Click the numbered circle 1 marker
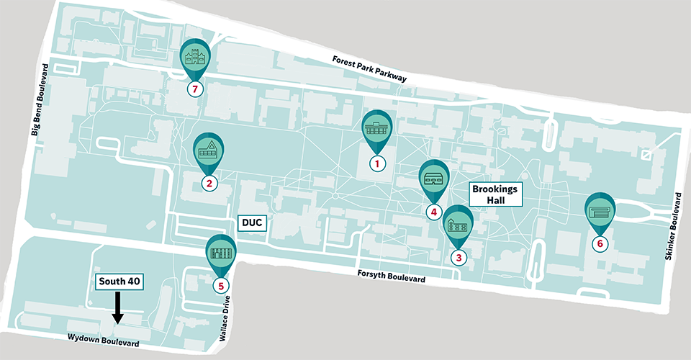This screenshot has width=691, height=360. pyautogui.click(x=376, y=163)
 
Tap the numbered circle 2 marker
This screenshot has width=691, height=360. pyautogui.click(x=209, y=183)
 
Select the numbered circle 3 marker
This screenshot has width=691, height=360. pyautogui.click(x=458, y=256)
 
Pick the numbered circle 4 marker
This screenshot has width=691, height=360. pyautogui.click(x=433, y=212)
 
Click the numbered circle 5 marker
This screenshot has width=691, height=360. pyautogui.click(x=220, y=285)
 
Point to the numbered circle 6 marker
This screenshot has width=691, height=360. pyautogui.click(x=600, y=243)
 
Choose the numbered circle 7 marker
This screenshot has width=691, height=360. pyautogui.click(x=192, y=89)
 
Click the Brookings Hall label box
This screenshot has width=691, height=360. pyautogui.click(x=496, y=194)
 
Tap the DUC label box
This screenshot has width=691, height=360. pyautogui.click(x=253, y=224)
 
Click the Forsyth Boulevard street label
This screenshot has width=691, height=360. pyautogui.click(x=391, y=276)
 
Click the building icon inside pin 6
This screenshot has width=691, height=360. pyautogui.click(x=600, y=212)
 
